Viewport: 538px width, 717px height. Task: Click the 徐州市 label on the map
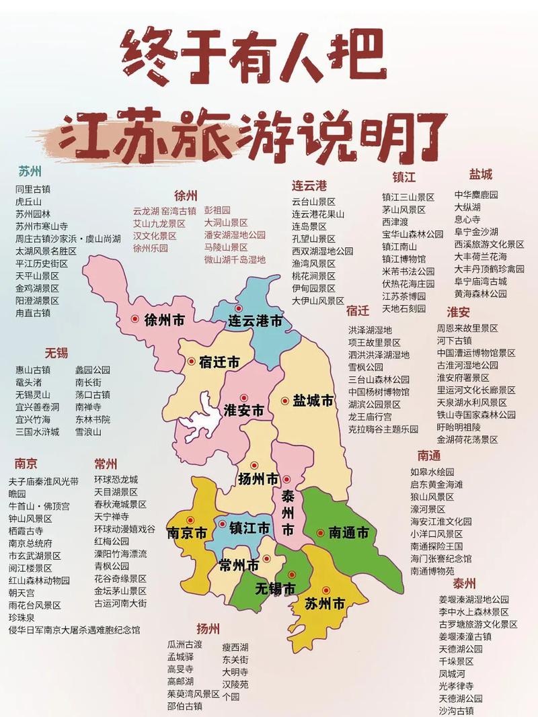click(164, 321)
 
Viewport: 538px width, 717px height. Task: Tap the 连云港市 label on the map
click(255, 321)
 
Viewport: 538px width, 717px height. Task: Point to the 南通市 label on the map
click(348, 534)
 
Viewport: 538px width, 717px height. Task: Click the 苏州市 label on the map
click(325, 604)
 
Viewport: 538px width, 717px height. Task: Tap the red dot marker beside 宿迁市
click(192, 362)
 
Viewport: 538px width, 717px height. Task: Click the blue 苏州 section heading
click(30, 169)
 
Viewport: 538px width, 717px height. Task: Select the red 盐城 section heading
click(481, 175)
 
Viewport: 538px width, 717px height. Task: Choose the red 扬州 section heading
click(208, 629)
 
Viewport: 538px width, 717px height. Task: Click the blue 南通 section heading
click(428, 456)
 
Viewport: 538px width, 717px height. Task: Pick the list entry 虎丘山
click(29, 201)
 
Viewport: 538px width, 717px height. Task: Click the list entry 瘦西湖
click(235, 647)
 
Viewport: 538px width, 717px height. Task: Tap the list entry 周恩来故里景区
click(467, 328)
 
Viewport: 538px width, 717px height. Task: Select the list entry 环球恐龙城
click(116, 480)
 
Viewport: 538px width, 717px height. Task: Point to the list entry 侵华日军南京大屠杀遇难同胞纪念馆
click(74, 630)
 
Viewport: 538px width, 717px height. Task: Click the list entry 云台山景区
click(313, 202)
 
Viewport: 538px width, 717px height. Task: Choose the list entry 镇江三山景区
click(408, 198)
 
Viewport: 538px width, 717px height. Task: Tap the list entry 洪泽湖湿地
click(370, 330)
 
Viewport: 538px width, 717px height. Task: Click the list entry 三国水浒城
click(38, 431)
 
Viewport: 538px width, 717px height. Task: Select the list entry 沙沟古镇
click(457, 710)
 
